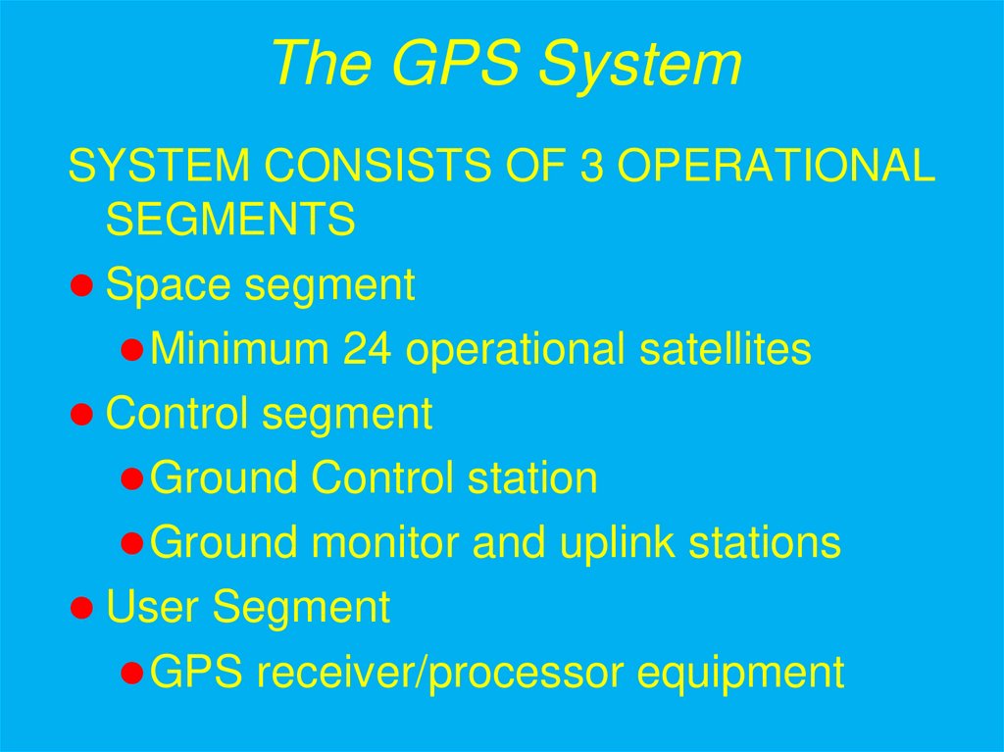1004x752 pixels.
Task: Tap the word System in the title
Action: coord(642,65)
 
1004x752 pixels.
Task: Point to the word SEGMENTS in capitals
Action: coord(229,220)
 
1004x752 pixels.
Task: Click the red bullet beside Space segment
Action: coord(82,285)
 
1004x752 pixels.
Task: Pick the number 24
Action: coord(368,349)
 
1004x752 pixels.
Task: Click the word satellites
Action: coord(726,349)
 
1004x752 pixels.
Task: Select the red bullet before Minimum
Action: coord(134,350)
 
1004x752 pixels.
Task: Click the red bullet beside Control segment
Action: coord(82,415)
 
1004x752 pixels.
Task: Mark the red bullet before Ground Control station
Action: coord(134,479)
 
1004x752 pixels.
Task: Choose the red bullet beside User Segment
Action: coord(82,608)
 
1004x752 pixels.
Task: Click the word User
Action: coord(153,608)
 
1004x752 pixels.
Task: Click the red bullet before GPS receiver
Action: coord(134,674)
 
